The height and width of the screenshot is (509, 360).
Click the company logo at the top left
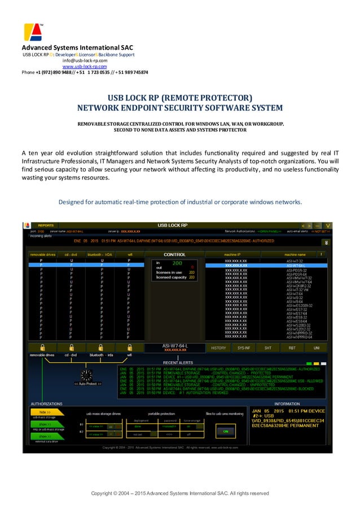coord(33,33)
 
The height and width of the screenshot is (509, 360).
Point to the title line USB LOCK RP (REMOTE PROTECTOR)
coord(180,98)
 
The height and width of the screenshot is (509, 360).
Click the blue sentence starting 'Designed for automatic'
coord(180,202)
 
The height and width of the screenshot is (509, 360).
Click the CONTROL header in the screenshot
coord(174,254)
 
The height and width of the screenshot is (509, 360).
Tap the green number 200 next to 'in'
coord(177,263)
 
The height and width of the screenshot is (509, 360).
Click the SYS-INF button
coord(244,348)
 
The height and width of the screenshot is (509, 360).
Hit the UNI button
coord(317,348)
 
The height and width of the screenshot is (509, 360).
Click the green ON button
coord(226,431)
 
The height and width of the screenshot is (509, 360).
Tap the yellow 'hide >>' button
coord(42,412)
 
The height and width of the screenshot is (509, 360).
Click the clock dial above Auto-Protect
coord(87,374)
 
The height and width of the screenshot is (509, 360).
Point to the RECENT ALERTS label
coord(178,362)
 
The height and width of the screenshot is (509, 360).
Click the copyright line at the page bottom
coord(180,493)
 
